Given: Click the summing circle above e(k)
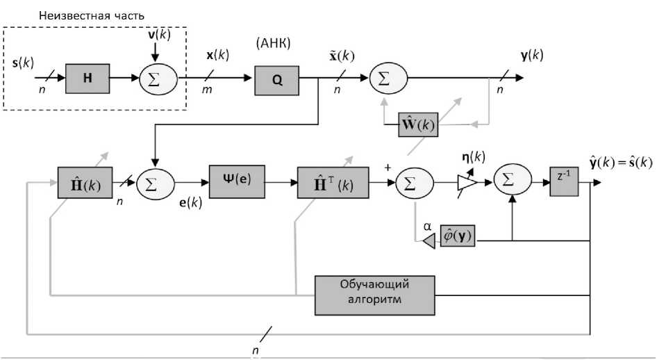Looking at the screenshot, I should click(x=157, y=183).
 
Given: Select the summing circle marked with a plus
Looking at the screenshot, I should click(x=415, y=183).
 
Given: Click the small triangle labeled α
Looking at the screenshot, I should click(x=428, y=241).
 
